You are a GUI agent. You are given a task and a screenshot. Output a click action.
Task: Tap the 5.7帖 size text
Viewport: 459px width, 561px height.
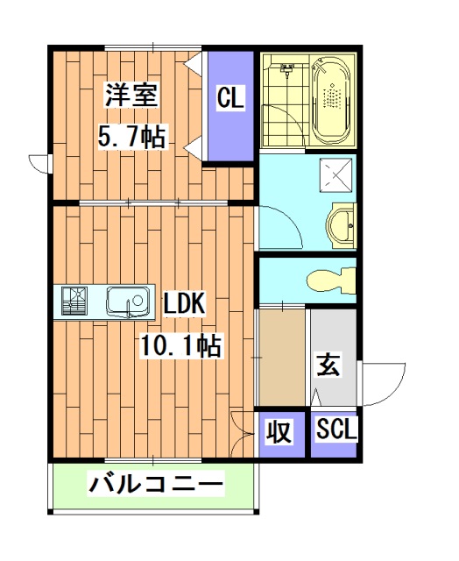131,137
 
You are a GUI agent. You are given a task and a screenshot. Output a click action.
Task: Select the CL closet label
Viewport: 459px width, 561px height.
230,98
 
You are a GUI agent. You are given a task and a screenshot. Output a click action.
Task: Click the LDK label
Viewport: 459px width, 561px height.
184,303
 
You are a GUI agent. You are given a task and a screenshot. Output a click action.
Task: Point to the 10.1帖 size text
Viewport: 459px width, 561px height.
180,345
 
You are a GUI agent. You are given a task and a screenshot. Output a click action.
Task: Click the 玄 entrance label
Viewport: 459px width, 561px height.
328,365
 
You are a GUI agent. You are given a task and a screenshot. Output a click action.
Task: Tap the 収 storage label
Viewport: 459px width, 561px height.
279,431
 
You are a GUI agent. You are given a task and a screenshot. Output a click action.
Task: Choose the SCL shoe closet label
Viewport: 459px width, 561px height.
334,431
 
